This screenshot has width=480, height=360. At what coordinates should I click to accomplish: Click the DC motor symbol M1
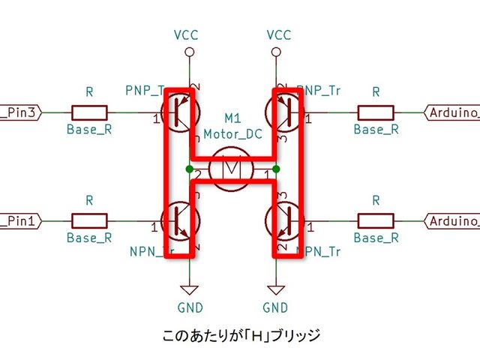232,169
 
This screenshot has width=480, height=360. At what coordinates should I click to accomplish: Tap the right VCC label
277,35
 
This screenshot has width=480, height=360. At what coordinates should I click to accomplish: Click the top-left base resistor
89,113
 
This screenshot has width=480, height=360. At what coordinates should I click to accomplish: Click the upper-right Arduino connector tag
452,113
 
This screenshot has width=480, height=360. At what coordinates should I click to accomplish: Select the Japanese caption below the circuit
241,335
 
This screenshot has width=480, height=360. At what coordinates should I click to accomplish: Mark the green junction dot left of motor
190,169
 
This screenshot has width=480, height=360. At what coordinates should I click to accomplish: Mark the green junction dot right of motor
277,169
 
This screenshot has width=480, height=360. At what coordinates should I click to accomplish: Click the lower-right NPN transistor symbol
283,221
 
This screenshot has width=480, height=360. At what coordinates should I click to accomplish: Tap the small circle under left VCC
190,52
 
